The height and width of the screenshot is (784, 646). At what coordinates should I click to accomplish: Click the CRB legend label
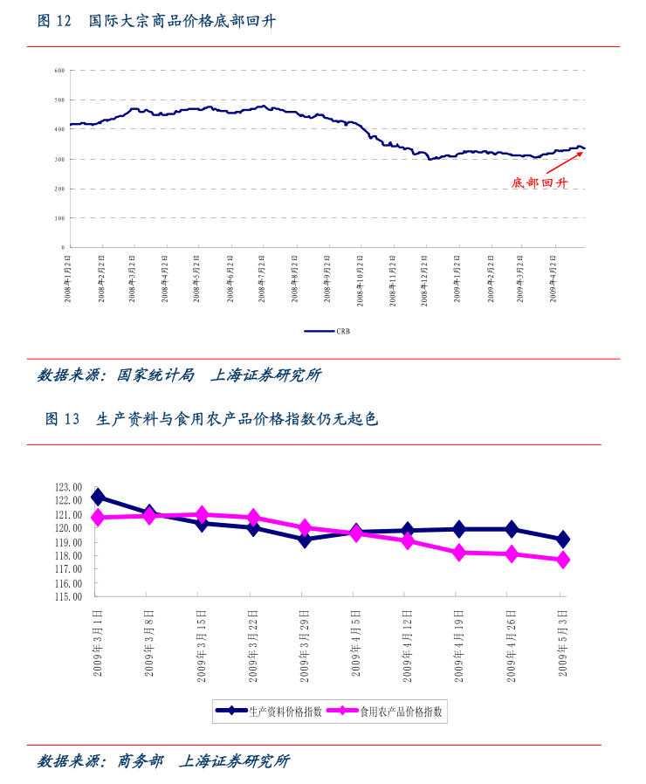coord(343,332)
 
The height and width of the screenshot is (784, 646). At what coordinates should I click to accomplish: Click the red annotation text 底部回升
coord(539,183)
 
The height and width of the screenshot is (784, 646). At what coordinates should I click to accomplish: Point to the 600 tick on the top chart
coord(60,70)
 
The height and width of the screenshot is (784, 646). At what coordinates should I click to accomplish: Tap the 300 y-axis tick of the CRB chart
coord(60,159)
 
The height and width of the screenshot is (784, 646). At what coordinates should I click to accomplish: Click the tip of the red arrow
coord(583,153)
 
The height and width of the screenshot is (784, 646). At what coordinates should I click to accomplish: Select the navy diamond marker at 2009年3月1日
coord(98,497)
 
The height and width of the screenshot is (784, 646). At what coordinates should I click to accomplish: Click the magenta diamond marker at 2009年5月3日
coord(563,560)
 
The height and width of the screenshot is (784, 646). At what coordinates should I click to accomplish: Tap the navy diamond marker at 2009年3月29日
coord(305,539)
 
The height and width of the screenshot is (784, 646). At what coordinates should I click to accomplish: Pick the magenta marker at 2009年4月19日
coord(459,552)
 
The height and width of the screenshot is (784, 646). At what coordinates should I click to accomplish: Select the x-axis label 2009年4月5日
coord(356,643)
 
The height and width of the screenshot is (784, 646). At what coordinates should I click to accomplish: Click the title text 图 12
coord(53,21)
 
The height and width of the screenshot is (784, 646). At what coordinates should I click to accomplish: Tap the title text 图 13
coord(62,419)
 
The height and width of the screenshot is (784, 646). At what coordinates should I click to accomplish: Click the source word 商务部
coord(140,761)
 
